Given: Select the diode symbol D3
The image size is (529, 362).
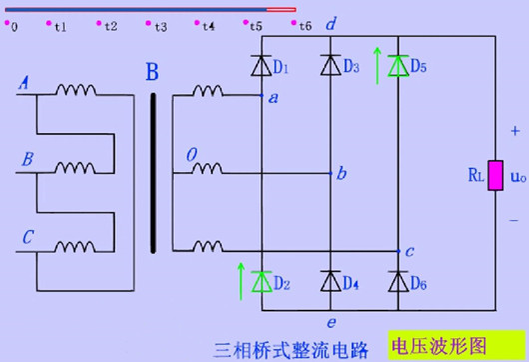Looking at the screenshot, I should [x=330, y=66].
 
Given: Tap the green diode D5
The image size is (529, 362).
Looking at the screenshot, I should [x=398, y=66].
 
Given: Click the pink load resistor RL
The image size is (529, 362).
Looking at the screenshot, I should [x=494, y=175].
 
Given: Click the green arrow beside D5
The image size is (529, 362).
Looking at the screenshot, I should [x=377, y=63].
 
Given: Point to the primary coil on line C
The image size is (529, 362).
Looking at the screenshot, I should [x=75, y=246].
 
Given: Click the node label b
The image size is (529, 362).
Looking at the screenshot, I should [x=341, y=175].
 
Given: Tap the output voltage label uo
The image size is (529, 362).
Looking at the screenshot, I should [x=517, y=176].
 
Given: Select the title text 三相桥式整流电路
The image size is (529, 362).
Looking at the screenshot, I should [x=299, y=347].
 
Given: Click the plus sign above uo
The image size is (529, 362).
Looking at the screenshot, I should [x=515, y=131].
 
